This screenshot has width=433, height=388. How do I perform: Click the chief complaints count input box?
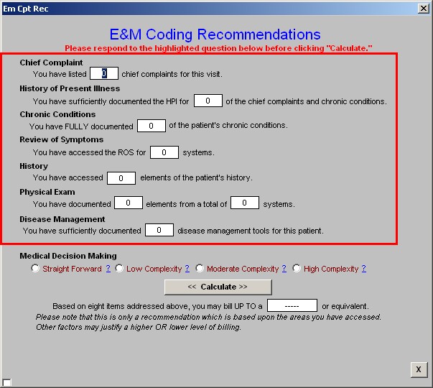[x=104, y=73]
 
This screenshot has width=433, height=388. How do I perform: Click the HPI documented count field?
[x=208, y=101]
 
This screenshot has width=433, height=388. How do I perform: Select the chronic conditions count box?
[x=152, y=126]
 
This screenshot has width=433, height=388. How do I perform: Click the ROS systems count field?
[x=164, y=152]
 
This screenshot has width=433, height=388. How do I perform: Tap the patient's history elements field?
[x=121, y=178]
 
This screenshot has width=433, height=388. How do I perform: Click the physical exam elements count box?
[x=129, y=203]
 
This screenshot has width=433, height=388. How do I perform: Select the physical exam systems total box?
[x=245, y=203]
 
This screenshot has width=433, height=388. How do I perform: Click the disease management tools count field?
[x=159, y=230]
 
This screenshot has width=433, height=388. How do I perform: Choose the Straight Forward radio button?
[x=35, y=268]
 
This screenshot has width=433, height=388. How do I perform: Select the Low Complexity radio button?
[x=119, y=268]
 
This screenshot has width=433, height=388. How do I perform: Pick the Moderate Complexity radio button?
[x=200, y=268]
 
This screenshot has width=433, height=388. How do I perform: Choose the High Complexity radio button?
[x=297, y=268]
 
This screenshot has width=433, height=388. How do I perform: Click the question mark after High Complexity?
[x=364, y=269]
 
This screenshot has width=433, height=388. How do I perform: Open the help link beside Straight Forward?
[x=108, y=269]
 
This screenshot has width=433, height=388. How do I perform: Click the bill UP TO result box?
[x=292, y=305]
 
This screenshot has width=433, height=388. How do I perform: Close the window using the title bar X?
[x=424, y=9]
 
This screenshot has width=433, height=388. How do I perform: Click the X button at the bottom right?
[x=419, y=369]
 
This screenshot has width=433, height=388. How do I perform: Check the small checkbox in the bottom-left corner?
[x=6, y=382]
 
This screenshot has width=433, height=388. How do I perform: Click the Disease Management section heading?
[x=62, y=219]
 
